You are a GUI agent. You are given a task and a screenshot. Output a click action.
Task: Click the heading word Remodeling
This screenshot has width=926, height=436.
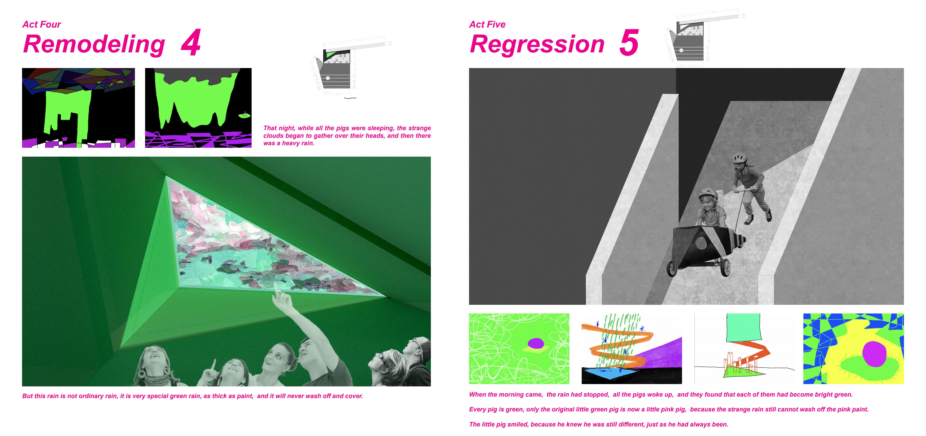pos(94,45)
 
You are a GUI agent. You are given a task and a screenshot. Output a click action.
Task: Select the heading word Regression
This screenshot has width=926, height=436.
pos(537,45)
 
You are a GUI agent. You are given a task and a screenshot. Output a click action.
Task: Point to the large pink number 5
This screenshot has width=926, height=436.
pos(629,43)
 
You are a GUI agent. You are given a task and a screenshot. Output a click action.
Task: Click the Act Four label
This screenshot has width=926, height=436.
pos(42,24)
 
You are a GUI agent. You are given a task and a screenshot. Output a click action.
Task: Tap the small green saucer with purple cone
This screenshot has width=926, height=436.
pos(244,115)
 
